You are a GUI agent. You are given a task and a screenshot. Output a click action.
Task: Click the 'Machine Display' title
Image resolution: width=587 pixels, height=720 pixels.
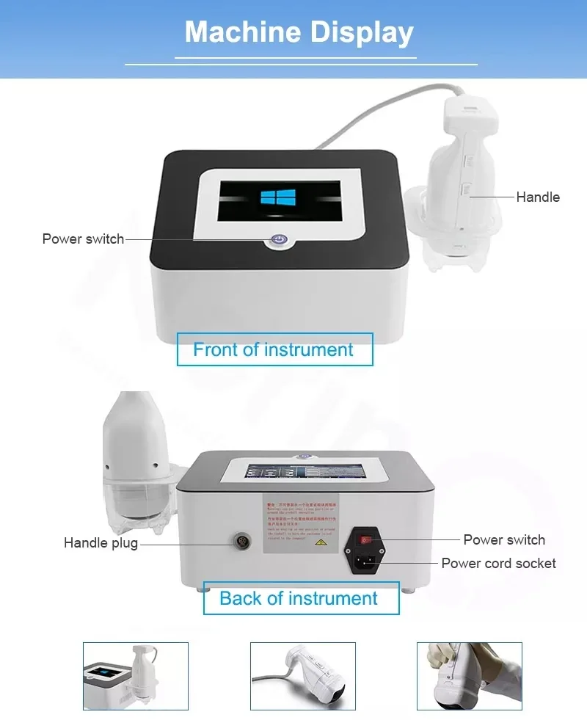(x=299, y=32)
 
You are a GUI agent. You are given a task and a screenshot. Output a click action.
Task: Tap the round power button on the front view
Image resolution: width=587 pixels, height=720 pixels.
(x=278, y=239)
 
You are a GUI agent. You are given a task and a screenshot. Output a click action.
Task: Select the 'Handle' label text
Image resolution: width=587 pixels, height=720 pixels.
(x=538, y=197)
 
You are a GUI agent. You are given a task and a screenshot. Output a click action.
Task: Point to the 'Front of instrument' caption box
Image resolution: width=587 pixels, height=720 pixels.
(x=274, y=349)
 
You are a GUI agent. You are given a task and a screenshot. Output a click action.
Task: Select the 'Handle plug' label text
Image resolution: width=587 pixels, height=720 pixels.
(x=101, y=544)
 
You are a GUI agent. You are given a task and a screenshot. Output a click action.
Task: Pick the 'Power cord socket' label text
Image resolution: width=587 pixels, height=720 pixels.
(x=498, y=563)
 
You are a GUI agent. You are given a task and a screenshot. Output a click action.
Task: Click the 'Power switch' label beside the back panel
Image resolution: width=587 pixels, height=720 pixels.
(x=504, y=539)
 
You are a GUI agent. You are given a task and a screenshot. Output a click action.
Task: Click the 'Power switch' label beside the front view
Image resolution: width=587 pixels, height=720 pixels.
(x=83, y=239)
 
